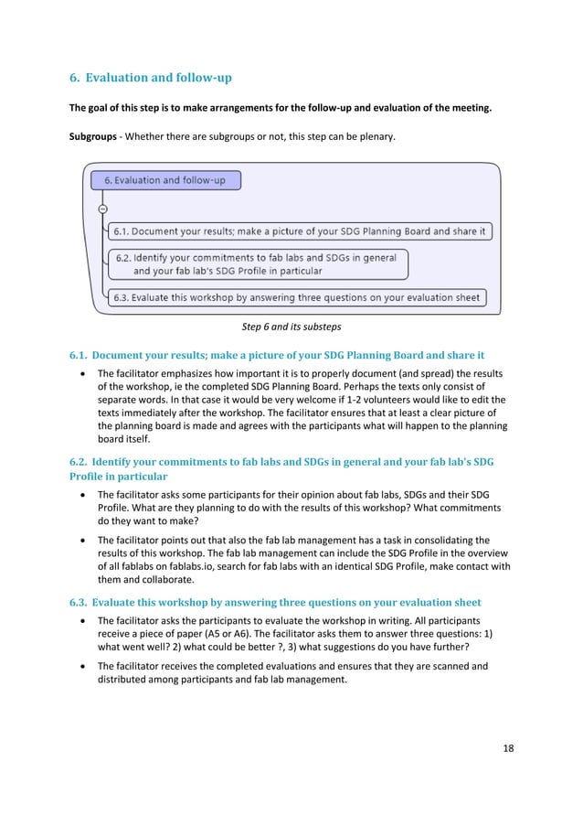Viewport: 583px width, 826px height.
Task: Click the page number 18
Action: coord(508,748)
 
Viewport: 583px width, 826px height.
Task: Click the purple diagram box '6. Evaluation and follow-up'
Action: coord(165,180)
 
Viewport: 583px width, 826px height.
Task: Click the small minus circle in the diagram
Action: coord(102,209)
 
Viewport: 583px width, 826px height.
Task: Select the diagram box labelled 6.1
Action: coord(300,231)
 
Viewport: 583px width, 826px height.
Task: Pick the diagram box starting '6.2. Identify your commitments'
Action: coord(258,264)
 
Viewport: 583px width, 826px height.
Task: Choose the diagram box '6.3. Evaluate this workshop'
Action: coord(296,297)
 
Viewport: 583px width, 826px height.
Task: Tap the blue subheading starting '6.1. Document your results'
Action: coord(277,355)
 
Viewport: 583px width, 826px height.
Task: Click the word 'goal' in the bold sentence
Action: coord(100,109)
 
